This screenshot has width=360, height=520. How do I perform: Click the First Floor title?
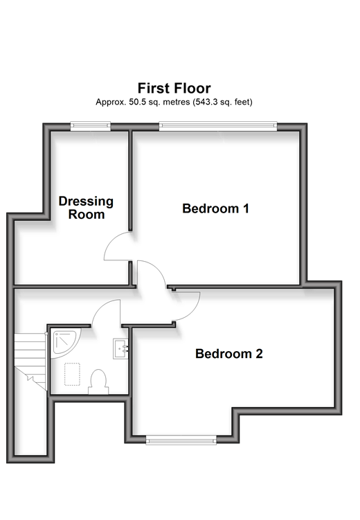[174, 88]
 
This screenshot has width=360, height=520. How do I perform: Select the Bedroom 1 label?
[215, 208]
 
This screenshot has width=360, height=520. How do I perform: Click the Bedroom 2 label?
[229, 354]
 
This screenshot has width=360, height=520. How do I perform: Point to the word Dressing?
[86, 201]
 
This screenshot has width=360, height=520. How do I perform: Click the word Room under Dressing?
[87, 215]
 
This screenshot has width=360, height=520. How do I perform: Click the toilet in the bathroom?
[98, 382]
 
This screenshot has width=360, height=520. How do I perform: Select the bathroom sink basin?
[120, 348]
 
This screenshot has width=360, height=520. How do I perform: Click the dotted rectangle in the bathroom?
[72, 375]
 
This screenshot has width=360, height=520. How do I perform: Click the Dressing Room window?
[90, 125]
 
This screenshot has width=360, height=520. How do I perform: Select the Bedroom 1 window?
[218, 125]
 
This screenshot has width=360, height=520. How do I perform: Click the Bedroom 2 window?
[181, 441]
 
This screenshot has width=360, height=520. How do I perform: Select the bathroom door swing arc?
[100, 307]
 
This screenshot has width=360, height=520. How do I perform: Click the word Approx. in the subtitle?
[111, 102]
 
